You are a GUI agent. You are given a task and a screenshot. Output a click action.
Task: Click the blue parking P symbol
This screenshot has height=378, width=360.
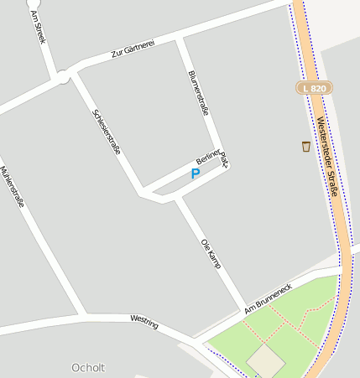(196, 173)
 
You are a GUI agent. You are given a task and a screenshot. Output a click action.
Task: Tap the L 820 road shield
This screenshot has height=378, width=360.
(315, 87)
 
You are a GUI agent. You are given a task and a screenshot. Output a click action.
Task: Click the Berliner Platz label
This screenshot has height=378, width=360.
(212, 157)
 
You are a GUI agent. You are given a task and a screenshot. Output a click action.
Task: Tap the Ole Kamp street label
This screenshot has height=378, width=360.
(211, 252)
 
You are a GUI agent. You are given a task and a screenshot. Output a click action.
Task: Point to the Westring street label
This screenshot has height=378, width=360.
(144, 319)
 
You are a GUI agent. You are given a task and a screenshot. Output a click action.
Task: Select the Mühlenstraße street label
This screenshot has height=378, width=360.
(12, 184)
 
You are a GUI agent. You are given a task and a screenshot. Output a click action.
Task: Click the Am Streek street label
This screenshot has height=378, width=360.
(39, 28)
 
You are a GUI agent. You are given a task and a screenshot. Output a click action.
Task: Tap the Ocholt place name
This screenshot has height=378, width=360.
(88, 367)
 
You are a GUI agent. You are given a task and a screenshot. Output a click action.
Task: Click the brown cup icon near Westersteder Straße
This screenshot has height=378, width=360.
(306, 147)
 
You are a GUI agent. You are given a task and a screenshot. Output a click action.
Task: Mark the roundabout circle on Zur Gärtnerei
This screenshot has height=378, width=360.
(63, 78)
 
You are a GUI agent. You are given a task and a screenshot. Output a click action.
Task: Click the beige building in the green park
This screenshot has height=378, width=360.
(266, 360)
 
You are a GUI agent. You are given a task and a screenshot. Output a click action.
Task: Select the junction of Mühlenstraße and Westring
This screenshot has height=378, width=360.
(83, 316)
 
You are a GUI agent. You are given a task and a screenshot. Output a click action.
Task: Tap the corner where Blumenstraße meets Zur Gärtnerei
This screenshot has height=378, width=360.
(179, 38)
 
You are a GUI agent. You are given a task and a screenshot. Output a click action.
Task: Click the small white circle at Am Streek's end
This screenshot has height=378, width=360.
(34, 3)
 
